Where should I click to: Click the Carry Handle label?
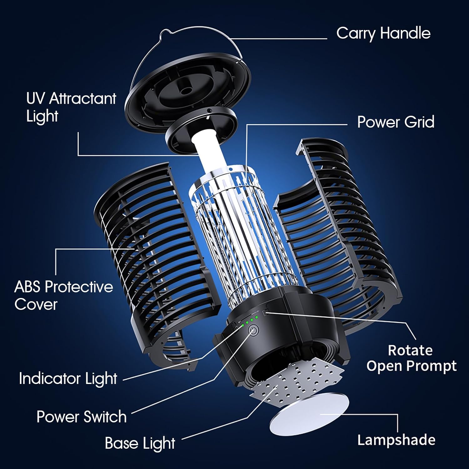point(383,33)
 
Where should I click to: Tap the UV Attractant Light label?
point(71,107)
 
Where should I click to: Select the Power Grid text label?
point(396,122)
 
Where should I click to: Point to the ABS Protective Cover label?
point(63,295)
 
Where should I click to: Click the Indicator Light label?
point(68,378)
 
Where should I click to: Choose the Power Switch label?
point(81,417)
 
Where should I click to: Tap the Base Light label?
point(140,443)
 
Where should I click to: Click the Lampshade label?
point(396,440)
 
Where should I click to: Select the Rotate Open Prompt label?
point(411,358)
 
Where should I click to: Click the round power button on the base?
point(253,331)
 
